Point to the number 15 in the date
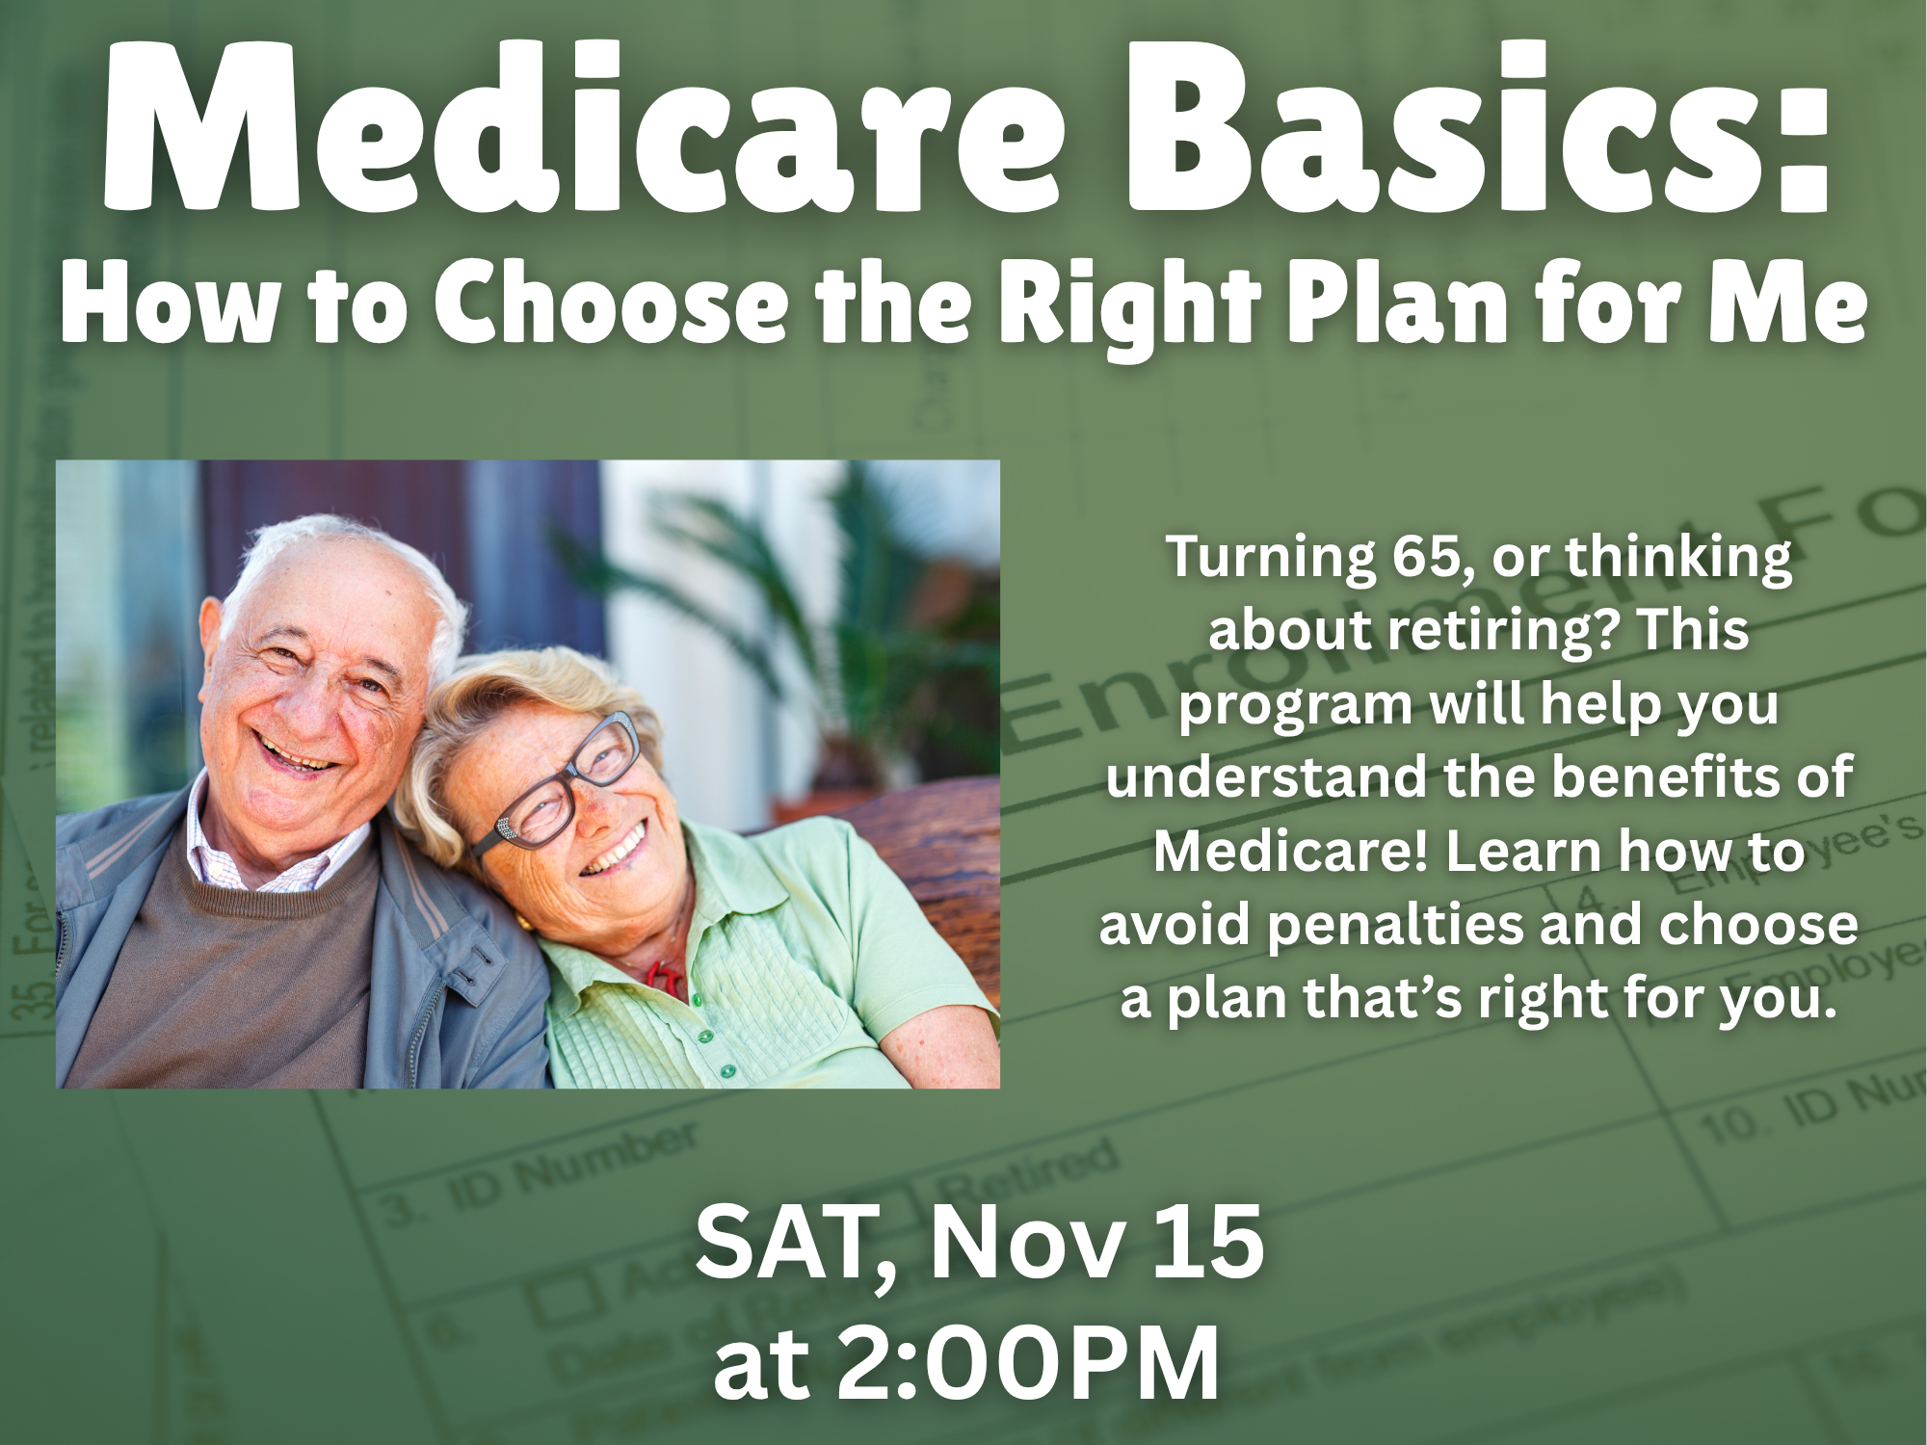click(x=1208, y=1245)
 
